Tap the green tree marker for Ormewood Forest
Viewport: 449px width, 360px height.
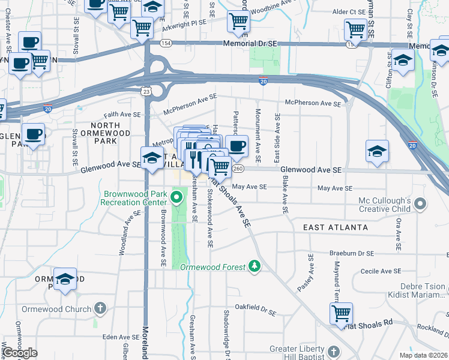255,265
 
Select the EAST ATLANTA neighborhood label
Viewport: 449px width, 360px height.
335,227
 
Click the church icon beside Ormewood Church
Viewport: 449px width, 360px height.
100,309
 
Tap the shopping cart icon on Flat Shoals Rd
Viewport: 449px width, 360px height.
341,313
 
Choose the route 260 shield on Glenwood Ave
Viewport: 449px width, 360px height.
238,170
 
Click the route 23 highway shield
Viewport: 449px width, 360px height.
146,90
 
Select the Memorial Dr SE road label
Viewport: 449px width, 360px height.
250,44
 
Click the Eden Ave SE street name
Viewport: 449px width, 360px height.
116,337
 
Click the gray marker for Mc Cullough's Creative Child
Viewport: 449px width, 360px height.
421,205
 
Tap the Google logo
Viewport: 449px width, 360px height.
20,353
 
